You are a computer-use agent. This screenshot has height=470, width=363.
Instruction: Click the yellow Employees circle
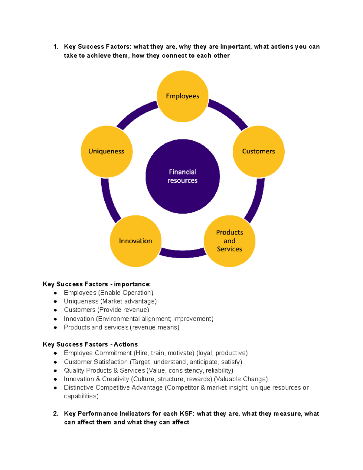(182, 96)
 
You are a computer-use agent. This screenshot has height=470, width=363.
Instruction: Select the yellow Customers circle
(258, 151)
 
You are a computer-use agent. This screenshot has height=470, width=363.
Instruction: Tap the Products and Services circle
(229, 241)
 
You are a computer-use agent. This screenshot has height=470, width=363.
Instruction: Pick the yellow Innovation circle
(135, 241)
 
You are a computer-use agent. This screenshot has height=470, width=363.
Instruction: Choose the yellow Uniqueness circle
(106, 151)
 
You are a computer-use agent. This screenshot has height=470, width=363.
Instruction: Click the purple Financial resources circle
(182, 176)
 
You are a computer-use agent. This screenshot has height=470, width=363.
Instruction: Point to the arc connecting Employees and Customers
(229, 113)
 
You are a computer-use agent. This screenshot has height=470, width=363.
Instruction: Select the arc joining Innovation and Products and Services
(182, 254)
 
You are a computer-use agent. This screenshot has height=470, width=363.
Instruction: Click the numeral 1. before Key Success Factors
(56, 47)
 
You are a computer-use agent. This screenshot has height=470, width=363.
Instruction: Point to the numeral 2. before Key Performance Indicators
(56, 414)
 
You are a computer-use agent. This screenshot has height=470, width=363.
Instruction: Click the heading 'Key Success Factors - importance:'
(97, 284)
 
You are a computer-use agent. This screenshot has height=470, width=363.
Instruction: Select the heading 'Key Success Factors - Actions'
(90, 344)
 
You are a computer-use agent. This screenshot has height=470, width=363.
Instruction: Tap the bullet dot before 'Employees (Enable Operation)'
(55, 293)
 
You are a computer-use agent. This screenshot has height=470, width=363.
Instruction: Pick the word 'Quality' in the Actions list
(74, 370)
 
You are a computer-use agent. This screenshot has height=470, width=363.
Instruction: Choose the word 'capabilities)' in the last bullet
(81, 396)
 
